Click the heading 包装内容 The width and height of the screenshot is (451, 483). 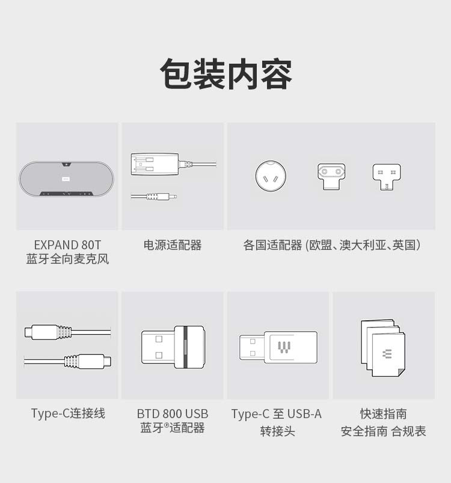pyautogui.click(x=226, y=74)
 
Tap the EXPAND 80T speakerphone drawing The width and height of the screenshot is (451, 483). pyautogui.click(x=66, y=178)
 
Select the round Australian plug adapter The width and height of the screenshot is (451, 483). pyautogui.click(x=271, y=176)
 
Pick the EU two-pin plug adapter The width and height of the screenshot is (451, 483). pyautogui.click(x=331, y=176)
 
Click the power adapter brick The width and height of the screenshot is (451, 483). pyautogui.click(x=155, y=164)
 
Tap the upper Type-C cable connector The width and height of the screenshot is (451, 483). pyautogui.click(x=48, y=332)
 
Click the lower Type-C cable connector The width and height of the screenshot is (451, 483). pyautogui.click(x=88, y=361)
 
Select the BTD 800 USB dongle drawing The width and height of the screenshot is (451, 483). pyautogui.click(x=173, y=347)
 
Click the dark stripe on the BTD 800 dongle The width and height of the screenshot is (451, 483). pyautogui.click(x=185, y=347)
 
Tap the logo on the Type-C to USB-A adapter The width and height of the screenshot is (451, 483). pyautogui.click(x=284, y=347)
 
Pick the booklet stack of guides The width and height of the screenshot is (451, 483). pyautogui.click(x=383, y=348)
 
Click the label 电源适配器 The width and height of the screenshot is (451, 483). pyautogui.click(x=173, y=245)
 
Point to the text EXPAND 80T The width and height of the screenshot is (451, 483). pyautogui.click(x=67, y=245)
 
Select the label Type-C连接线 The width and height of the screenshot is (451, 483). pyautogui.click(x=68, y=413)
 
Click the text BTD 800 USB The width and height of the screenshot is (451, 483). pyautogui.click(x=173, y=414)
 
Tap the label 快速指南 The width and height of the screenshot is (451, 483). pyautogui.click(x=384, y=414)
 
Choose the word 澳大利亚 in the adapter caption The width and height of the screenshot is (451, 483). pyautogui.click(x=363, y=245)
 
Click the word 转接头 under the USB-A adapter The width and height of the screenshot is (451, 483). pyautogui.click(x=277, y=431)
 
